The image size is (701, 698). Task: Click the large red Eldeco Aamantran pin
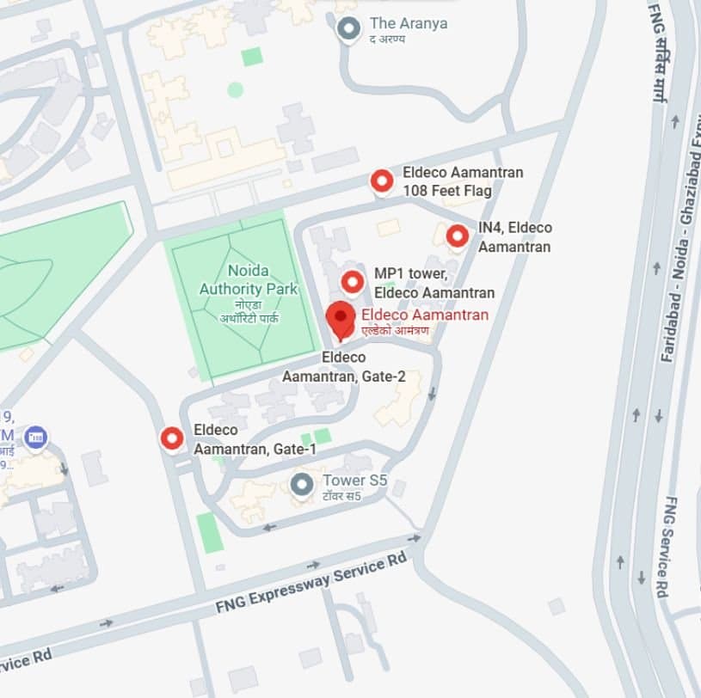coord(341,317)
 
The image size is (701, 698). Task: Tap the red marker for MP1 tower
coord(353,282)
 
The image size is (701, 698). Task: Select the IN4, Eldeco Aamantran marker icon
coord(457,236)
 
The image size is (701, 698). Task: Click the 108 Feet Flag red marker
coord(382,181)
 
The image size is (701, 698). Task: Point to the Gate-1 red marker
coord(172,438)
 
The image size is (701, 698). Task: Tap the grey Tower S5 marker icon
coord(301,485)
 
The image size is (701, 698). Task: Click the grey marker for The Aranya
coord(348,30)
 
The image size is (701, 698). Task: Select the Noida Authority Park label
coord(249,280)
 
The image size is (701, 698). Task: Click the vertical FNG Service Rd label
coord(673,547)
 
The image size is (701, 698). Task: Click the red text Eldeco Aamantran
coord(425,315)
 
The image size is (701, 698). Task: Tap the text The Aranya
coord(408,24)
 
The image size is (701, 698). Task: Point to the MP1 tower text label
coord(434,283)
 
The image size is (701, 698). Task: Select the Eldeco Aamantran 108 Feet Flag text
coord(462,181)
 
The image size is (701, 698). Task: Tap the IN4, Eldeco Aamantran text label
coord(514,236)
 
